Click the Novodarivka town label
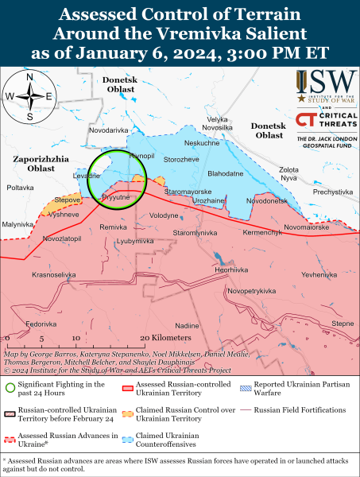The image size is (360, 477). [x=109, y=130]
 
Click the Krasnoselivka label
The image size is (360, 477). [x=54, y=274]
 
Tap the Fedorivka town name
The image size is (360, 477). [x=41, y=324]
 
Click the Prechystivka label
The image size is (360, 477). [x=332, y=192]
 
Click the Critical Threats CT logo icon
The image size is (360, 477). [x=305, y=119]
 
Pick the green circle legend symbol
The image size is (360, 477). [x=10, y=388]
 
